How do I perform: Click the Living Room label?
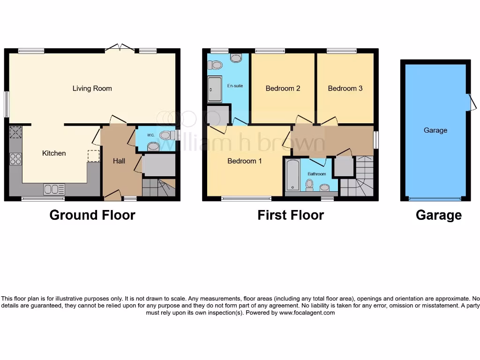pos(92,88)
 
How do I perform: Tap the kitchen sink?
pos(54,189)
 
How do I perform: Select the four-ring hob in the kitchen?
pos(15,159)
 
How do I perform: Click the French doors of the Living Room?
pos(119,47)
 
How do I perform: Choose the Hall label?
pos(119,161)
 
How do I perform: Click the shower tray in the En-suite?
pos(215,89)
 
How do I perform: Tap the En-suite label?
pos(235,86)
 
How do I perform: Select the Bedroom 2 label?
pos(283,88)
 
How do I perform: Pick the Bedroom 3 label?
pos(345,88)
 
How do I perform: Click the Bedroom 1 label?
pos(245,161)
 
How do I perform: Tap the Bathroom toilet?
pos(309,186)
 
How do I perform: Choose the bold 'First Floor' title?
pos(291,215)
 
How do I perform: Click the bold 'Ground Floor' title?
pos(92,215)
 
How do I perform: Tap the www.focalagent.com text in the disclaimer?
pos(307,313)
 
